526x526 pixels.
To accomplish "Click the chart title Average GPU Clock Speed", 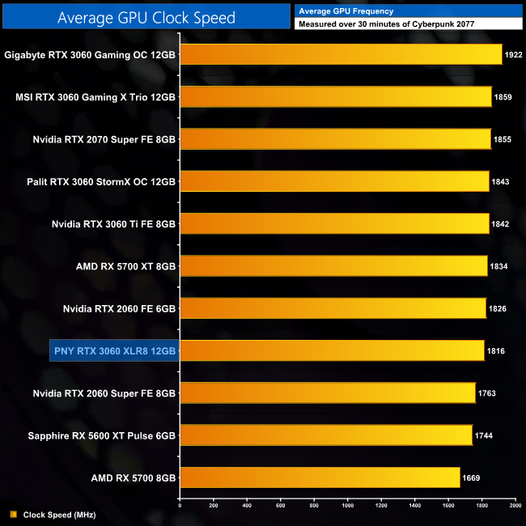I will pos(146,17).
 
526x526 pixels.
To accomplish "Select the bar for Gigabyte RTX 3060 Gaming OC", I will pos(340,55).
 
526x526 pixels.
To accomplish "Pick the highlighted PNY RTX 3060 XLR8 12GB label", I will pos(113,350).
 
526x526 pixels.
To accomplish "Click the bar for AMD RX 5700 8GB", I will pos(320,477).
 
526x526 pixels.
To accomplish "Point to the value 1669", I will pos(471,477).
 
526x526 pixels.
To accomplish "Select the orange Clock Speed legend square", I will pos(14,514).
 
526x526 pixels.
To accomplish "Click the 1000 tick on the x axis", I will pos(347,507).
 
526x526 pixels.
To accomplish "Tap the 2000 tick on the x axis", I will pos(515,507).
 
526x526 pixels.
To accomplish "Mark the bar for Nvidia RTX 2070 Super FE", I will pos(335,139).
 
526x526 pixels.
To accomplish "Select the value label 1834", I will pos(499,266).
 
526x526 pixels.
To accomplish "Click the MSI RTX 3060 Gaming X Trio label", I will pos(95,97).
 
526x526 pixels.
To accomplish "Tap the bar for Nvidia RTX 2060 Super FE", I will pos(327,392).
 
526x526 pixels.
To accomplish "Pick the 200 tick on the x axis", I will pos(213,507).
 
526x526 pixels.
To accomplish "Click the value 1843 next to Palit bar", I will pos(500,181).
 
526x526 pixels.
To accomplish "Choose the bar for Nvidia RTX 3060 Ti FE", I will pos(334,223).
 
